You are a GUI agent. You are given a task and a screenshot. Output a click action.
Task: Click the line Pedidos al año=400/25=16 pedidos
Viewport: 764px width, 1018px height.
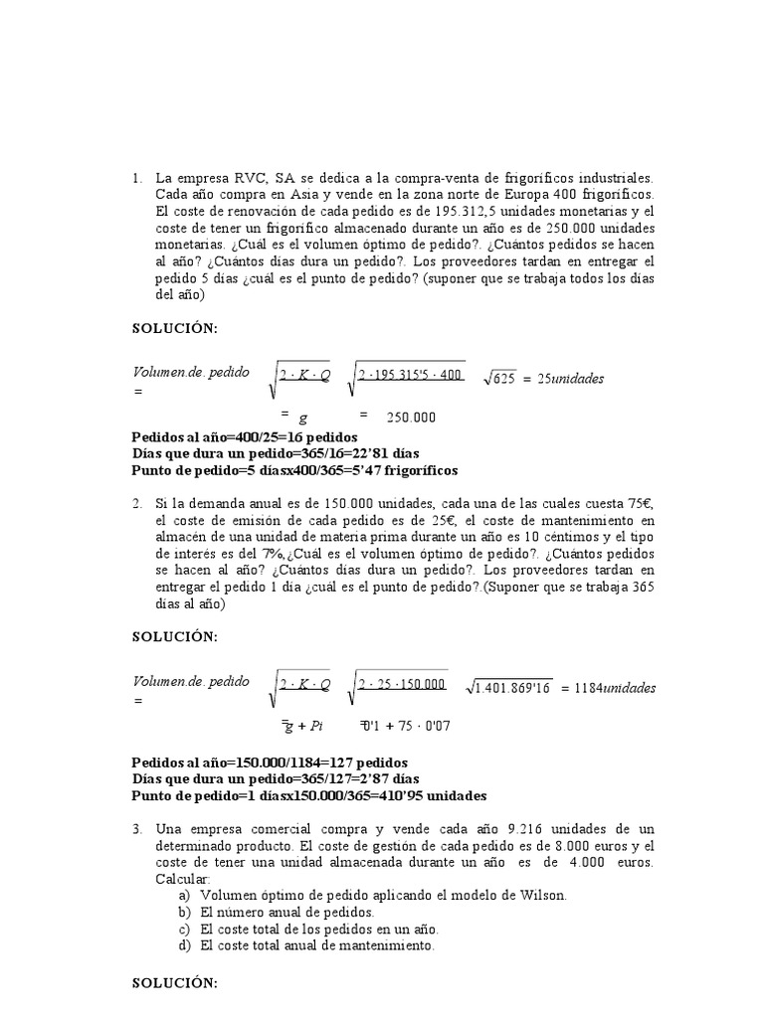(x=245, y=437)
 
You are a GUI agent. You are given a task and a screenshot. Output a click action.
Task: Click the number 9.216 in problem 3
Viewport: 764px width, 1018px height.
(x=530, y=829)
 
